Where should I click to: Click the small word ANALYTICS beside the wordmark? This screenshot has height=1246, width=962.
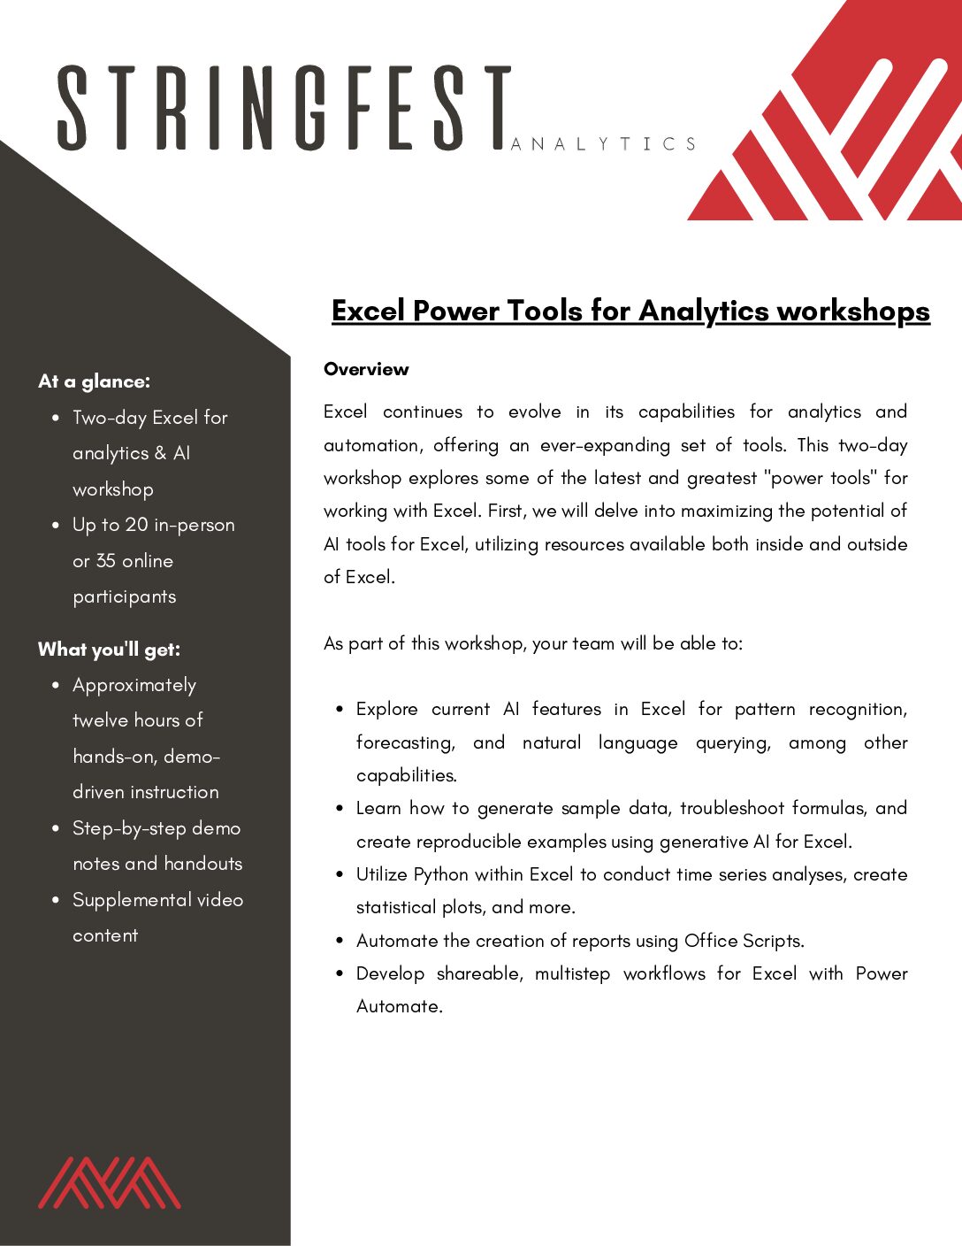[604, 144]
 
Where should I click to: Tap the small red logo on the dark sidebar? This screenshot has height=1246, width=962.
[109, 1182]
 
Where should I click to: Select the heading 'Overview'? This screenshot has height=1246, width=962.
[366, 369]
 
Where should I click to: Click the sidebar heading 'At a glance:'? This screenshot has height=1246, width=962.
[94, 381]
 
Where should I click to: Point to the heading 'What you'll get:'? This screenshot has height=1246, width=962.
[109, 650]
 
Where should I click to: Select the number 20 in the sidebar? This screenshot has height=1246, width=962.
[136, 525]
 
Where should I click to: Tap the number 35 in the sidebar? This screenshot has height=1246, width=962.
[106, 561]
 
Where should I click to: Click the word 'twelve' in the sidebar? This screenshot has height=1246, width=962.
[100, 720]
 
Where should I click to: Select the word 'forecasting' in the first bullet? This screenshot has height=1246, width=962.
[405, 742]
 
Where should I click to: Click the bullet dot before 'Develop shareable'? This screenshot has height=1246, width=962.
[340, 973]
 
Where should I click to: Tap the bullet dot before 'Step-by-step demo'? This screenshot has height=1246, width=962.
[56, 828]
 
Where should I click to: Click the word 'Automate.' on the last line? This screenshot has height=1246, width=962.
[399, 1006]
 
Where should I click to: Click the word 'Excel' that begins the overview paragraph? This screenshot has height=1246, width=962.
[346, 411]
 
